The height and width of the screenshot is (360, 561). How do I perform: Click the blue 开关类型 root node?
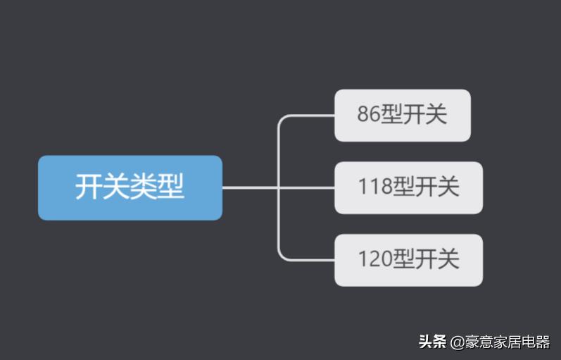coord(130,187)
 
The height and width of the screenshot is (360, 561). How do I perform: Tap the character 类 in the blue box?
coord(144,188)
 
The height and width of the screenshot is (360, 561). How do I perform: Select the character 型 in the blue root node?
coord(171,188)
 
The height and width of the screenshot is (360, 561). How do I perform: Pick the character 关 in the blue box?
coord(116,188)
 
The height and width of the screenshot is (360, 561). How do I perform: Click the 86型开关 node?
coord(402,115)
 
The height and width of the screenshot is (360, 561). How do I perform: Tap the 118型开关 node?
coord(408,187)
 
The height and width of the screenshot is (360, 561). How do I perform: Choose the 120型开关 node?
coord(408,260)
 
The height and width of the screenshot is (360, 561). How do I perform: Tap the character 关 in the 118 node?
coord(448,188)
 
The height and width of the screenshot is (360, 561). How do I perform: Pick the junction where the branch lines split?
coord(279,187)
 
